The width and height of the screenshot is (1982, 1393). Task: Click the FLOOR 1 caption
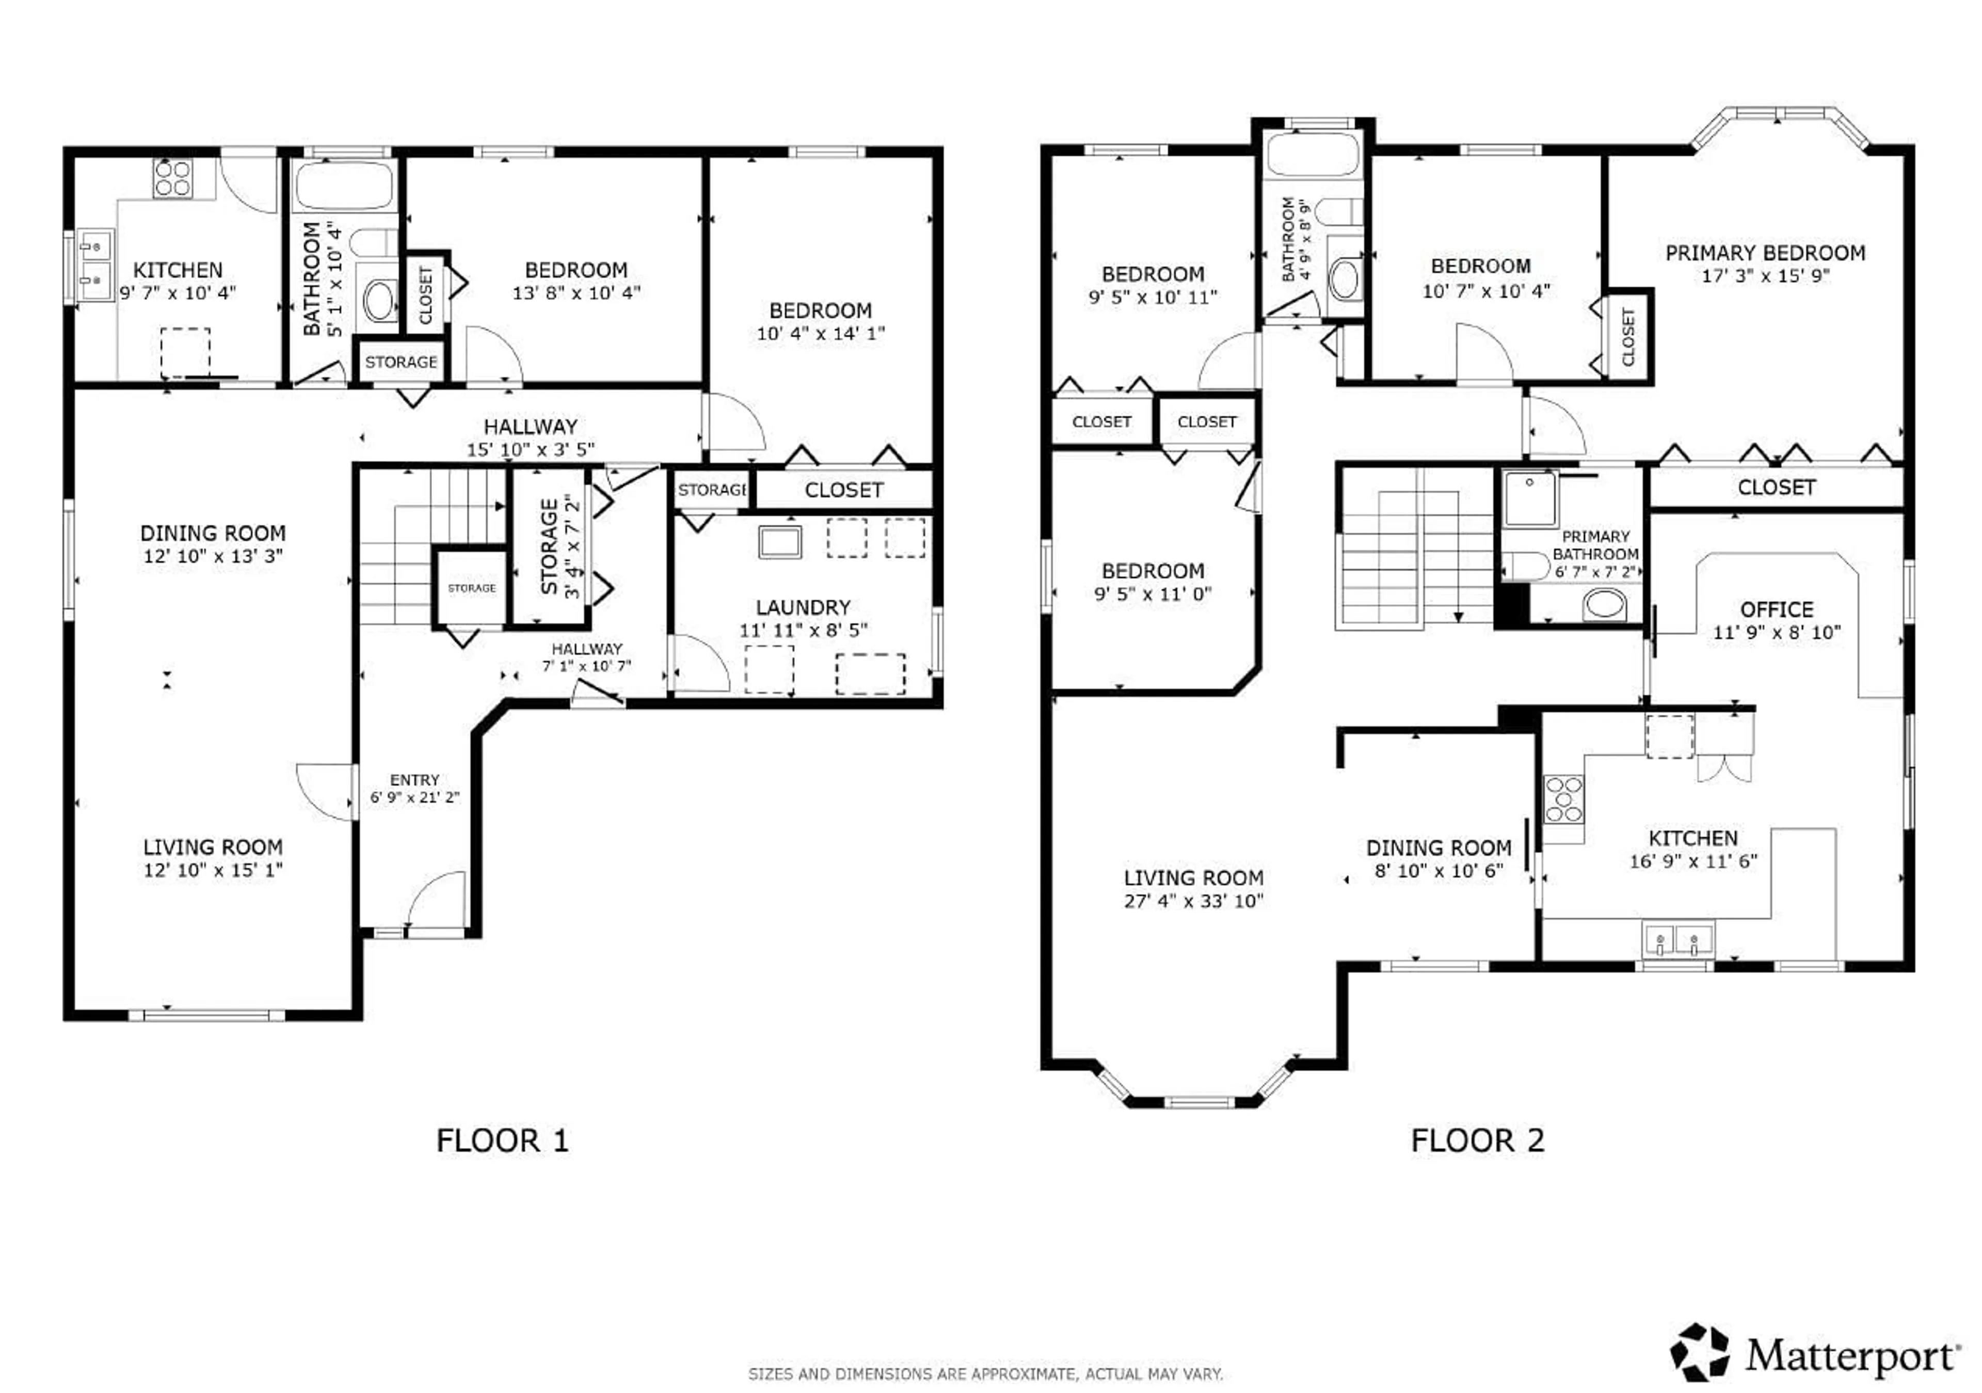[x=502, y=1141]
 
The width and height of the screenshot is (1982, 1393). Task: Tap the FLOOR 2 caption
[x=1477, y=1141]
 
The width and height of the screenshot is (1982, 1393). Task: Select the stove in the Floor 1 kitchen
[x=172, y=179]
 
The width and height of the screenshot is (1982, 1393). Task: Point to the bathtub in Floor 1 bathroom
[x=344, y=184]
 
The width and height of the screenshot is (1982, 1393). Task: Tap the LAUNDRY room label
[x=803, y=607]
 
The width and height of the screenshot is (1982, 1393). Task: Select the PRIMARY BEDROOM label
[x=1765, y=253]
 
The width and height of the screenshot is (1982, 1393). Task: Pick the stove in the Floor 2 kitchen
[x=1563, y=800]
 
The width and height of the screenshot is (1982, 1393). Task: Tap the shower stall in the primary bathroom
[x=1530, y=499]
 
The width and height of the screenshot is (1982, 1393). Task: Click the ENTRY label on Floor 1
[x=414, y=779]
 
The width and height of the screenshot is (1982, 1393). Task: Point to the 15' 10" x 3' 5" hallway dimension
[x=530, y=449]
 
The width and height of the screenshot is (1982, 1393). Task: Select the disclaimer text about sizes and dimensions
[x=985, y=1373]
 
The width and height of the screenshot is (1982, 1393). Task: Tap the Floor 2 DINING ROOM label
[x=1438, y=848]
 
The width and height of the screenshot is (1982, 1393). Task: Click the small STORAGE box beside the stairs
[x=471, y=588]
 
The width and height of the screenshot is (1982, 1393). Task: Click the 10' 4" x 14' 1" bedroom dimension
[x=820, y=333]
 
